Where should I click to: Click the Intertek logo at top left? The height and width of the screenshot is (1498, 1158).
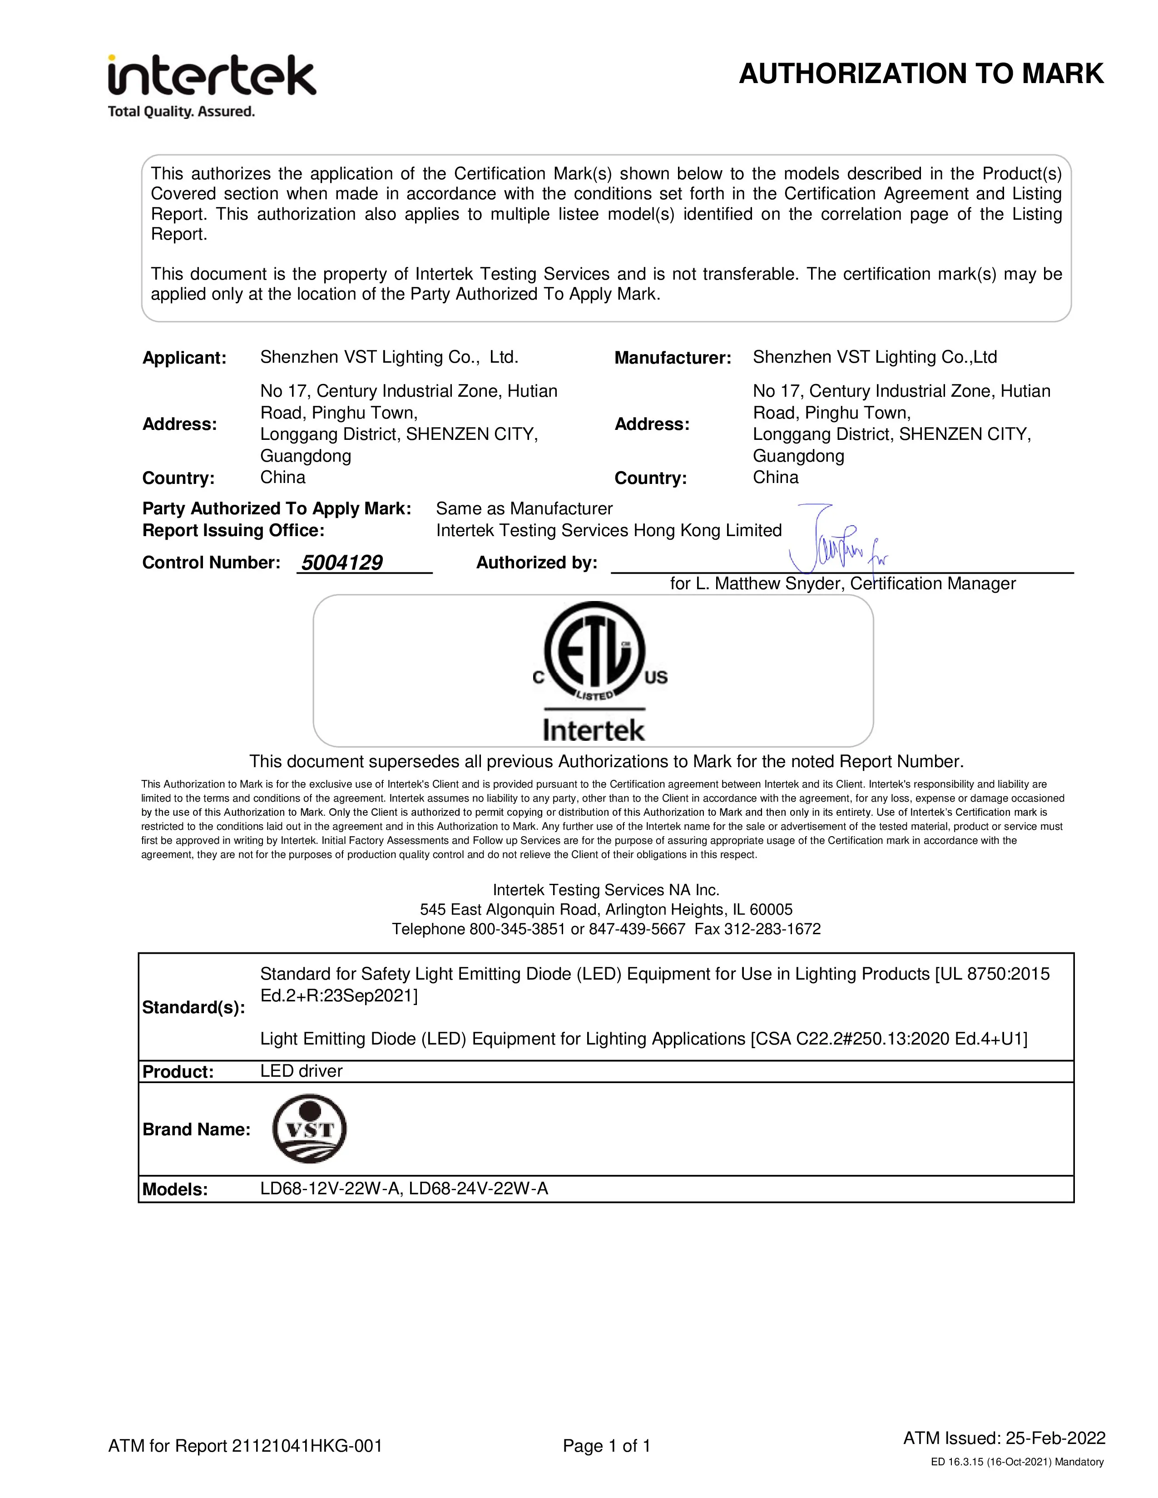(x=211, y=75)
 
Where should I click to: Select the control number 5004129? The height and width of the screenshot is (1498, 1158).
(x=341, y=563)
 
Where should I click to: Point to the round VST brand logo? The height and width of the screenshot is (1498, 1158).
(x=309, y=1128)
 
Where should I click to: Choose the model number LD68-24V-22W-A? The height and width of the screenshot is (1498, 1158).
(x=479, y=1189)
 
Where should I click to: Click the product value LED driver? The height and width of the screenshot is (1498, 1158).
(x=301, y=1071)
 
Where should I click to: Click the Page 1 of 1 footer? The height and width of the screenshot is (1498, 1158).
(x=606, y=1446)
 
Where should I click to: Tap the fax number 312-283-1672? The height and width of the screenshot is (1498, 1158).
(x=772, y=929)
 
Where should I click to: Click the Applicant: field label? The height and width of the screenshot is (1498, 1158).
(x=184, y=358)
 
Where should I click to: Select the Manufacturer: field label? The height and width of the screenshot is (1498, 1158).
(x=672, y=358)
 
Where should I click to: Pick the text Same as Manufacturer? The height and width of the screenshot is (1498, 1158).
(x=524, y=509)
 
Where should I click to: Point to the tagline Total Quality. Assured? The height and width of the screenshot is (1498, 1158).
(x=181, y=111)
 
